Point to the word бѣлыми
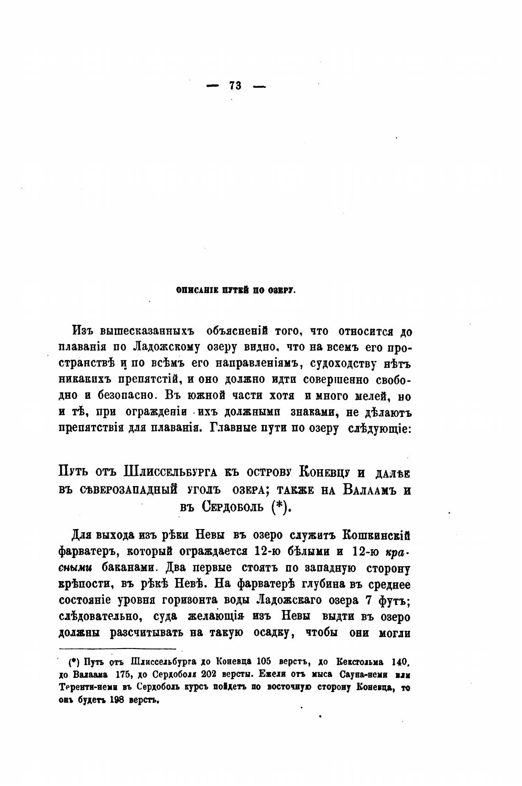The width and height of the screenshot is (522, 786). click(301, 550)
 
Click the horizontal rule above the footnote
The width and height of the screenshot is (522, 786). click(118, 649)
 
